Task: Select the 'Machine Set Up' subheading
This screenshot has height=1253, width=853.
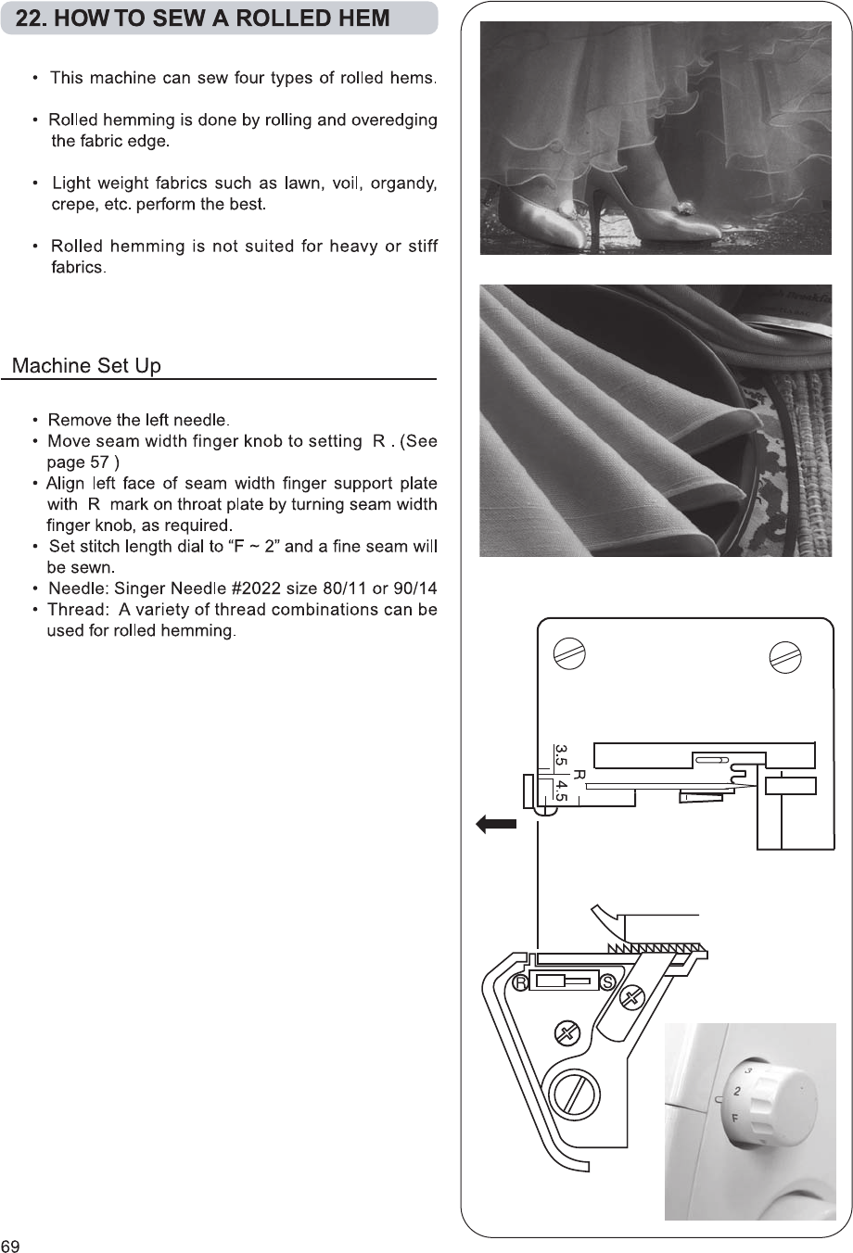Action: pos(86,366)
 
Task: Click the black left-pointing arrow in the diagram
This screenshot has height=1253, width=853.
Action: pos(496,824)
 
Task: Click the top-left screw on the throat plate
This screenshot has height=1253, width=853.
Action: pos(567,652)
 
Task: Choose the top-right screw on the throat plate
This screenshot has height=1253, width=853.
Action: pos(785,655)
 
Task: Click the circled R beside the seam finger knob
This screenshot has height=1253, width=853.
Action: pos(521,982)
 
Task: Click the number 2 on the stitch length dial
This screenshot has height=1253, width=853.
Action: pos(737,1092)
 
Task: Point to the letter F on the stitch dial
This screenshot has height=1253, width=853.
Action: pos(735,1119)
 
